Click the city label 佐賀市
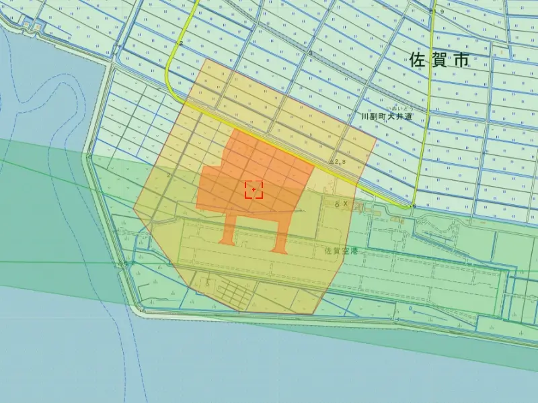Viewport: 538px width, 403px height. [438, 60]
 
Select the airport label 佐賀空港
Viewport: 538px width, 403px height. [341, 251]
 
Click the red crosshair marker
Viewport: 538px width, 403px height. [254, 189]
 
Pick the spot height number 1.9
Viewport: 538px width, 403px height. [438, 12]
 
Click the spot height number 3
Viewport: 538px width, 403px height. [310, 53]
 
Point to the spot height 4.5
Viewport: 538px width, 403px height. [122, 264]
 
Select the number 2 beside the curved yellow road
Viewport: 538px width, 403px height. [181, 43]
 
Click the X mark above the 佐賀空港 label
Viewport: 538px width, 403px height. [346, 203]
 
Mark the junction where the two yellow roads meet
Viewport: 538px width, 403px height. [413, 206]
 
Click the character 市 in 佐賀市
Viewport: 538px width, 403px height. [461, 60]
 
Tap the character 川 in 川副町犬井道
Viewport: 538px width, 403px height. [364, 116]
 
